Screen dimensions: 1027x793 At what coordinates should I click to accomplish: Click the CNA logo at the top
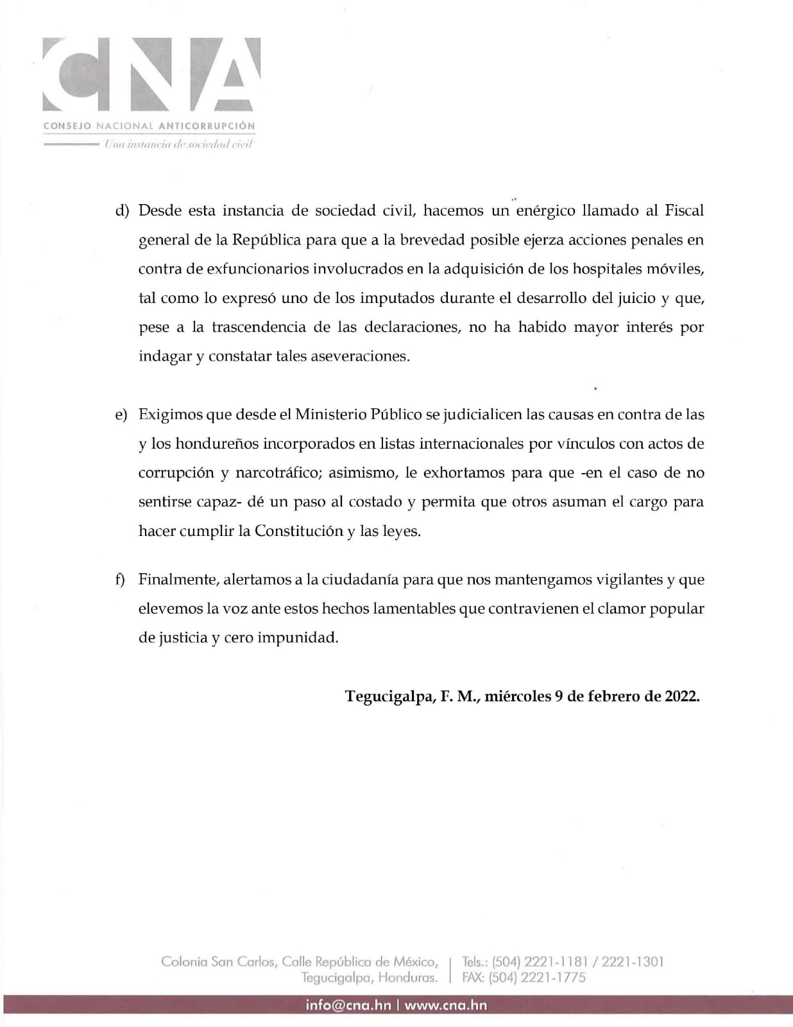(x=151, y=74)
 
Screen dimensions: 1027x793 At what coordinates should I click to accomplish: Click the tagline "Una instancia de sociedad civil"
(x=179, y=144)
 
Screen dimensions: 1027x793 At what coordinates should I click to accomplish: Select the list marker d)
(x=122, y=211)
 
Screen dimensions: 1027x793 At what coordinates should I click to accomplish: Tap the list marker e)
(x=121, y=415)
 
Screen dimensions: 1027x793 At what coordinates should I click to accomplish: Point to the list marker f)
(x=120, y=580)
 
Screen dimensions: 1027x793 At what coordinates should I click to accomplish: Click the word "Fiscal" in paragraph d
(x=684, y=211)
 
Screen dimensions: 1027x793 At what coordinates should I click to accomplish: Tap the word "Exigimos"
(x=170, y=415)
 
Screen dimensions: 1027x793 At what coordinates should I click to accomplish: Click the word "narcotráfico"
(x=277, y=473)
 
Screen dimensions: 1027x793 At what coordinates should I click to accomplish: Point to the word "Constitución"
(x=299, y=531)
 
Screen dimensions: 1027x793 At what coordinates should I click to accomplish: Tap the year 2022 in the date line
(x=681, y=696)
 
